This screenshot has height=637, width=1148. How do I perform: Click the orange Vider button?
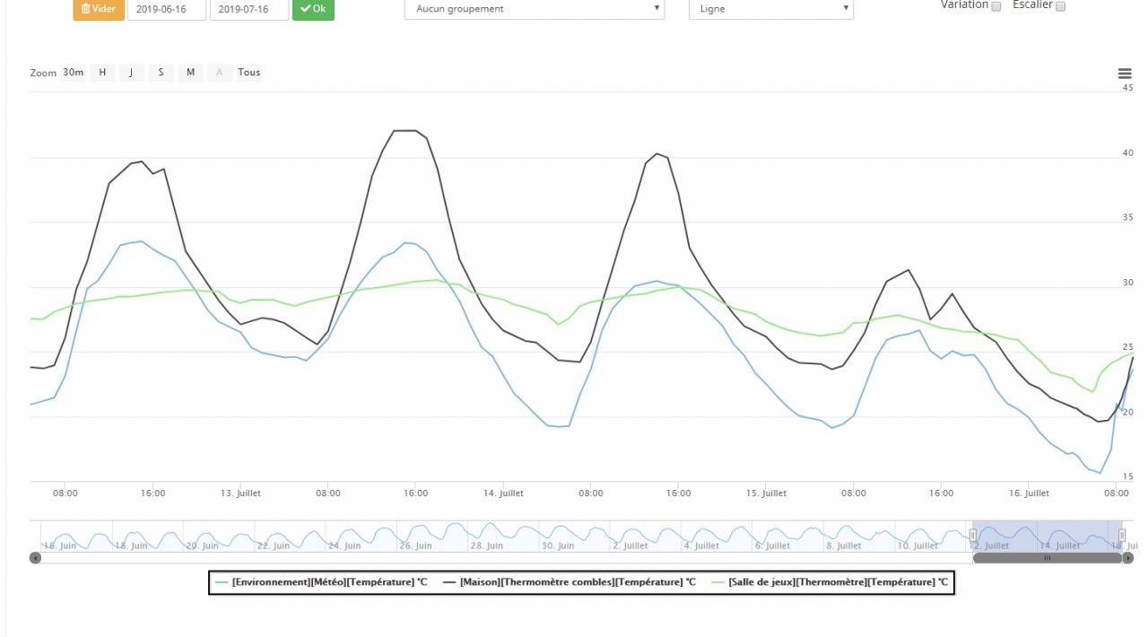(99, 9)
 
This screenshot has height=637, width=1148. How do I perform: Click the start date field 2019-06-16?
(167, 9)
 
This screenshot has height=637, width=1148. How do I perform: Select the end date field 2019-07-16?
(248, 9)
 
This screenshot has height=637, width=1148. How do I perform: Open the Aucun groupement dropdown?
(535, 9)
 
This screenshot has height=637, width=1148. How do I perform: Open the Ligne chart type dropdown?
(770, 9)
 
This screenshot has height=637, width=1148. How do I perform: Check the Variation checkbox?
(996, 6)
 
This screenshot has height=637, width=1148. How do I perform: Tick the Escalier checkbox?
(1060, 6)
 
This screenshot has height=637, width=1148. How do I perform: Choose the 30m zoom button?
(74, 73)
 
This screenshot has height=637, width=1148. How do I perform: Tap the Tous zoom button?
(249, 73)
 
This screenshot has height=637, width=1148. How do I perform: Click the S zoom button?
(161, 73)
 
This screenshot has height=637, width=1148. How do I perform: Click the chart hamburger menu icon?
(1125, 74)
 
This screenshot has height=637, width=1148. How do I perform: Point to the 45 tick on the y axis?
(1127, 88)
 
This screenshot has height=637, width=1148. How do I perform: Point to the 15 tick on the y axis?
(1127, 476)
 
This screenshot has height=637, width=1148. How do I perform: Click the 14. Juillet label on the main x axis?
(503, 493)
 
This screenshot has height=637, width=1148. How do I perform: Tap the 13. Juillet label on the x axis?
(240, 493)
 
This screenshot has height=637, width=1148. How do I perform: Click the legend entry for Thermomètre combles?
(578, 582)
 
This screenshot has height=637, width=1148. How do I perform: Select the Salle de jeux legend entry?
(838, 582)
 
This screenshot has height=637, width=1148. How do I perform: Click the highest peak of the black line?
(405, 131)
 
